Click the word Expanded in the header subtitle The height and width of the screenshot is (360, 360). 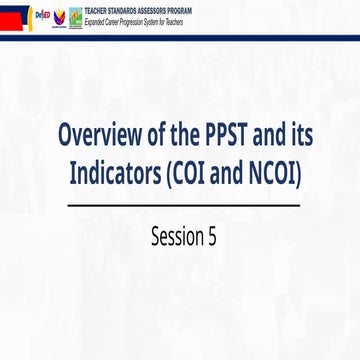(x=97, y=18)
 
